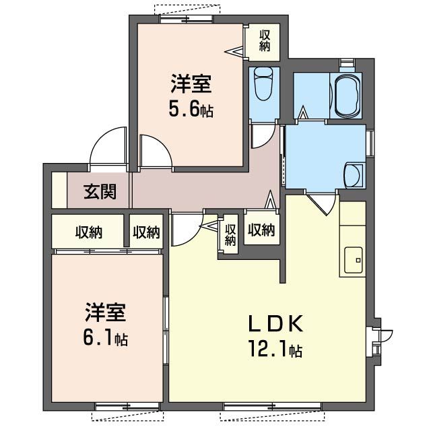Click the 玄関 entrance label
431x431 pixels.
pyautogui.click(x=100, y=192)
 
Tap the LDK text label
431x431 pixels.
pyautogui.click(x=276, y=324)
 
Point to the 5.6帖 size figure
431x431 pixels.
pyautogui.click(x=192, y=108)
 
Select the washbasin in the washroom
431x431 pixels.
pyautogui.click(x=354, y=176)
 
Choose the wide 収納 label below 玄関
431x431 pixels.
pyautogui.click(x=88, y=232)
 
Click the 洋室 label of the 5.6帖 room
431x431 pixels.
pyautogui.click(x=191, y=86)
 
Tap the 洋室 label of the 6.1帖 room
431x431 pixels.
pyautogui.click(x=106, y=313)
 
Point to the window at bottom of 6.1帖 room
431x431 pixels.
pyautogui.click(x=127, y=405)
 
